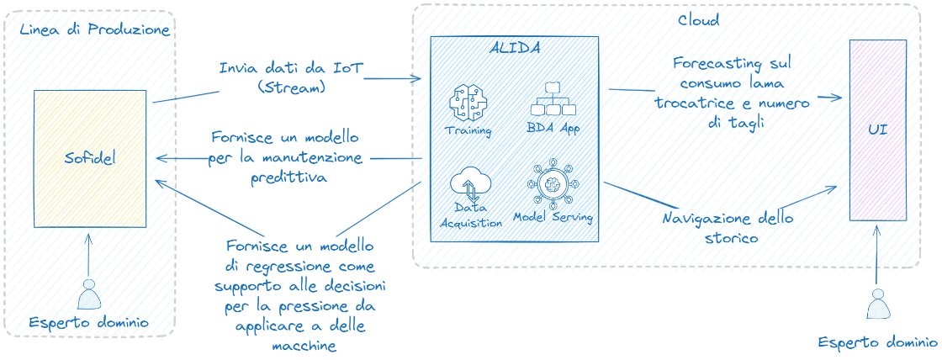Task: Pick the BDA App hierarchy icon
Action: tap(553, 100)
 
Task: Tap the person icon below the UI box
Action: tap(878, 304)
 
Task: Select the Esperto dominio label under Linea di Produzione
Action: tap(89, 323)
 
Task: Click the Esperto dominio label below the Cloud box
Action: tap(878, 343)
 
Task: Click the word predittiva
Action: tap(290, 177)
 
